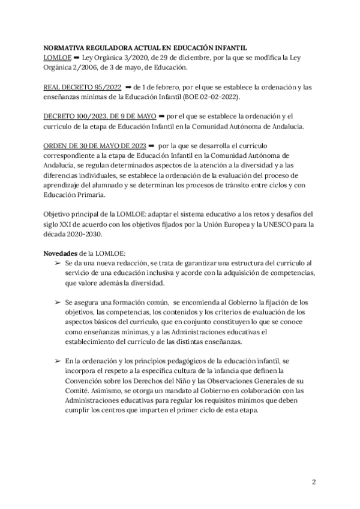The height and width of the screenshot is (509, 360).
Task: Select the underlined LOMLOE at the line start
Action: point(58,58)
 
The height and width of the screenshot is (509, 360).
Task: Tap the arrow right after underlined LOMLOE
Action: point(77,58)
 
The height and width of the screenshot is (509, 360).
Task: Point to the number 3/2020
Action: point(133,58)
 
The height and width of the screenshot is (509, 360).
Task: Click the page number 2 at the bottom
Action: point(314,481)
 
